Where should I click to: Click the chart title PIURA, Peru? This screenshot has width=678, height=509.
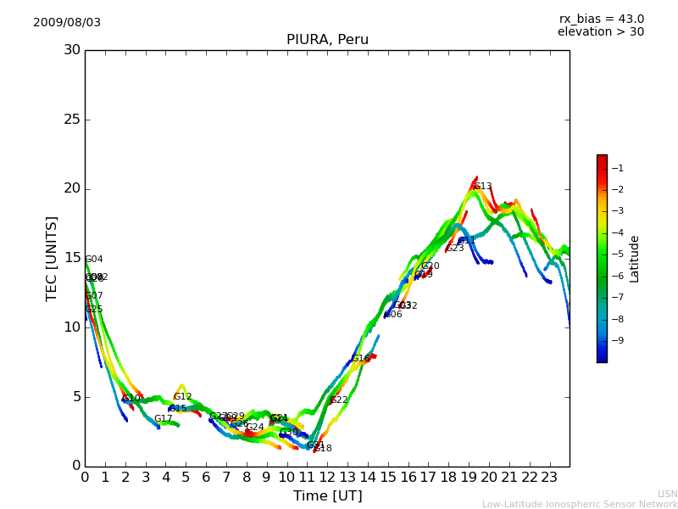[x=327, y=40]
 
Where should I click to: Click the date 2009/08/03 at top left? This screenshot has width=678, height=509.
[x=67, y=23]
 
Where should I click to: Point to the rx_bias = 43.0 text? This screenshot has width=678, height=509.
[x=602, y=20]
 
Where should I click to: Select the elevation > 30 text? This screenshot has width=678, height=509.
[x=601, y=32]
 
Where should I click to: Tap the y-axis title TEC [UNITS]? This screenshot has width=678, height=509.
[x=52, y=258]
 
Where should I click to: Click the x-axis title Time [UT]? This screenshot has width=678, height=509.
[x=327, y=496]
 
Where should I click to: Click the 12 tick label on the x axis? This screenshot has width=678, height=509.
[x=327, y=477]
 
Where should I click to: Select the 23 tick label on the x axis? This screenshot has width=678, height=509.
[x=549, y=477]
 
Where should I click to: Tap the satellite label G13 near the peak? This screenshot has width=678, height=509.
[x=483, y=187]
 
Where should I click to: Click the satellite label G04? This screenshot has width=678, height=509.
[x=94, y=260]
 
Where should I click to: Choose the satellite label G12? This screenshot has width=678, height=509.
[x=183, y=397]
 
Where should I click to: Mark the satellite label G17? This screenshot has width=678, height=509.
[x=164, y=419]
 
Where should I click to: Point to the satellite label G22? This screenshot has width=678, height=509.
[x=339, y=400]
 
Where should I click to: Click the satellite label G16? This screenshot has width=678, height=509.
[x=361, y=359]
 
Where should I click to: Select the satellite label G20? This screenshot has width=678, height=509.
[x=431, y=266]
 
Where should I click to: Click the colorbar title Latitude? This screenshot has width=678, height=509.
[x=635, y=259]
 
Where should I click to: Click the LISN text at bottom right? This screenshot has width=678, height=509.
[x=668, y=494]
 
